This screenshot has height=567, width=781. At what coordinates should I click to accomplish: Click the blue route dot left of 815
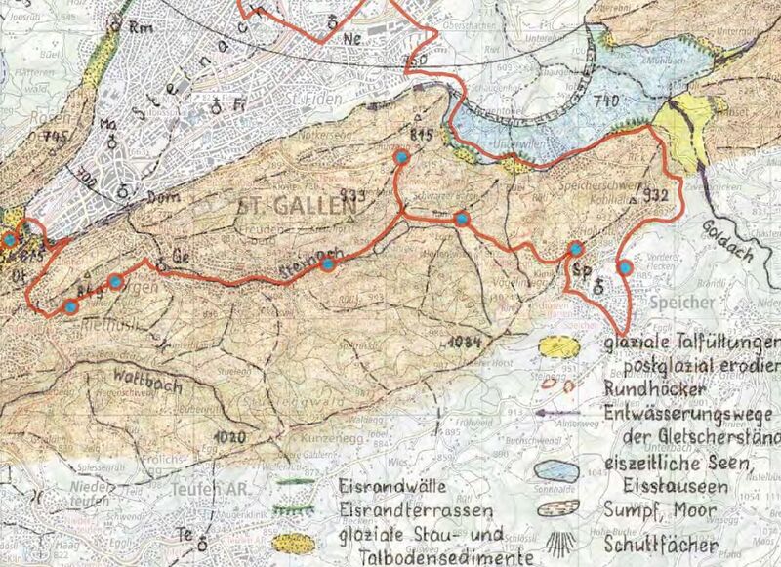pos(399,156)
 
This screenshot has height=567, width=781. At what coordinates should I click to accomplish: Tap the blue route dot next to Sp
pos(576,249)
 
